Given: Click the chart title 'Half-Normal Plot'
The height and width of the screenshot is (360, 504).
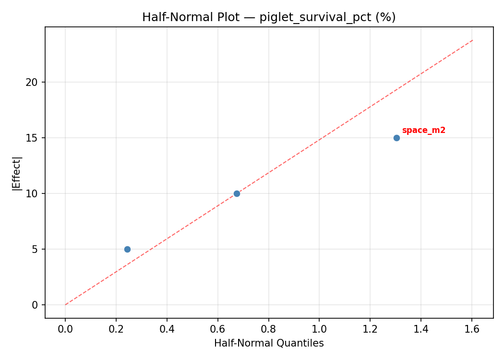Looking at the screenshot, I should pos(269,17).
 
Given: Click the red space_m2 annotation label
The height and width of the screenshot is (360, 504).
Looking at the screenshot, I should pos(423,131).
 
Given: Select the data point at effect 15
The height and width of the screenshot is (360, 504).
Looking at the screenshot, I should pos(396,138).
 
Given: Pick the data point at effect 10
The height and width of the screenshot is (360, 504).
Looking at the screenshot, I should pos(237,193).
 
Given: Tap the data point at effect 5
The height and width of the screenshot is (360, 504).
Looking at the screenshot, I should pos(127,249).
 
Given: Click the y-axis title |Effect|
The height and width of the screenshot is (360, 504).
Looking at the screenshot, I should pos(17,173).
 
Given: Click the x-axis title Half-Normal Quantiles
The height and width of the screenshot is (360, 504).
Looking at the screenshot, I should pos(269,343).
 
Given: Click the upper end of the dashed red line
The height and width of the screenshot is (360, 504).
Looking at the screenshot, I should pos(473,40).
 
